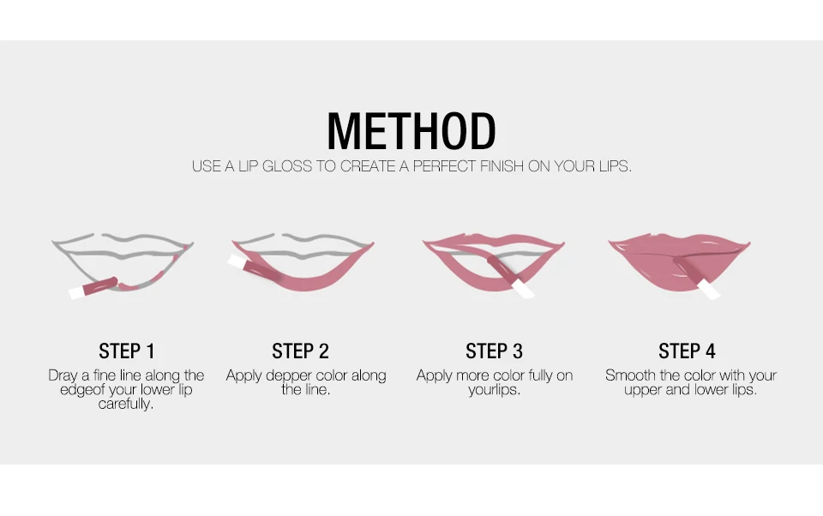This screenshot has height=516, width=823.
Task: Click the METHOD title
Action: (411, 130)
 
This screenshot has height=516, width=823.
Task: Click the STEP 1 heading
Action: (127, 351)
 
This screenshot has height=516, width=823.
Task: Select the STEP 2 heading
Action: (300, 351)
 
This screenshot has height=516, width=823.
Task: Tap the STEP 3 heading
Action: (494, 351)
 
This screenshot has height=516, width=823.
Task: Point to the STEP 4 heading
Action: (687, 351)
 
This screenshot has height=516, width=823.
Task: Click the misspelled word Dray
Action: (63, 375)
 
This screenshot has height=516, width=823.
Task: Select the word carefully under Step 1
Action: (126, 404)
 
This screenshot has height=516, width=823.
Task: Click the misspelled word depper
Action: (288, 376)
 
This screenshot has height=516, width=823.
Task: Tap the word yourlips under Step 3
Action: (494, 390)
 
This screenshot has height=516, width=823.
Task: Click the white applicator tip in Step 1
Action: (77, 293)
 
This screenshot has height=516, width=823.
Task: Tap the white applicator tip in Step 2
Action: (237, 261)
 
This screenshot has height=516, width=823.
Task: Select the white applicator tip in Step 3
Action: (523, 288)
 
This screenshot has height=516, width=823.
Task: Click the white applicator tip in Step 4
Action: (709, 290)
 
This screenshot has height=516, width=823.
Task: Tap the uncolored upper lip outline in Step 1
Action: (123, 245)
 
